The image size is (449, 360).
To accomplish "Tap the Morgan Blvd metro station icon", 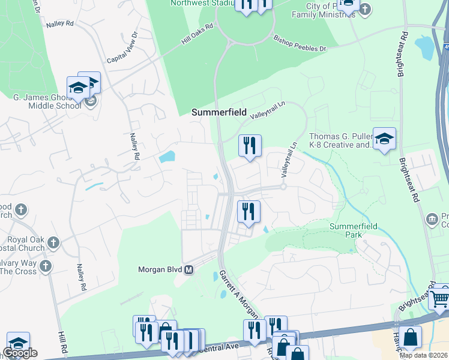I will (x=188, y=270).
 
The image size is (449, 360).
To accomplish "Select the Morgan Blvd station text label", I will (x=160, y=270).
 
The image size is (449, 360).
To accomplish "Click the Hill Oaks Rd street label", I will (x=197, y=35).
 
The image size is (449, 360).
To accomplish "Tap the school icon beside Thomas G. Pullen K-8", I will (x=384, y=139).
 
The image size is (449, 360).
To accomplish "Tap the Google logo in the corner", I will (x=19, y=353).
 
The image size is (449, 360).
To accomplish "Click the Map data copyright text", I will (x=423, y=355).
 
